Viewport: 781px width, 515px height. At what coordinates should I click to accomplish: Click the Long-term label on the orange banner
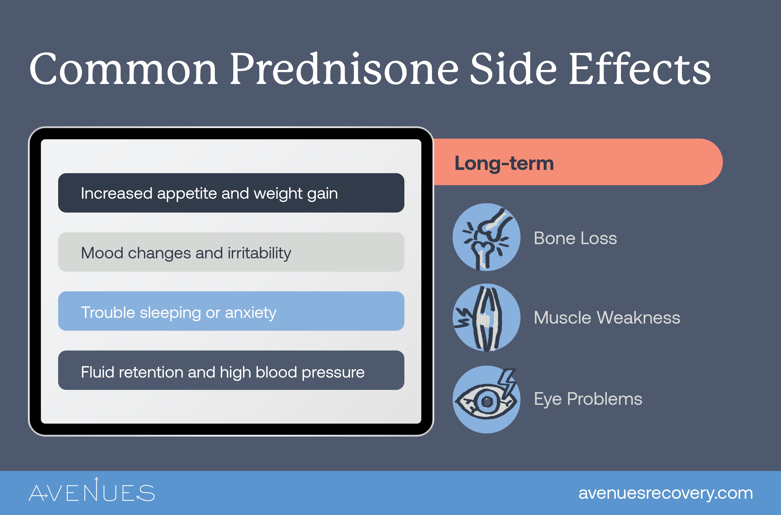click(504, 163)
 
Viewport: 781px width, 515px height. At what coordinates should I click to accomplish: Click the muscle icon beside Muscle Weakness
click(486, 318)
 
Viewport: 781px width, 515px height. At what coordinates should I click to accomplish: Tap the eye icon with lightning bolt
click(486, 399)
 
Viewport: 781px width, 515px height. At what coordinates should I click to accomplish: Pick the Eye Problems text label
click(588, 399)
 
